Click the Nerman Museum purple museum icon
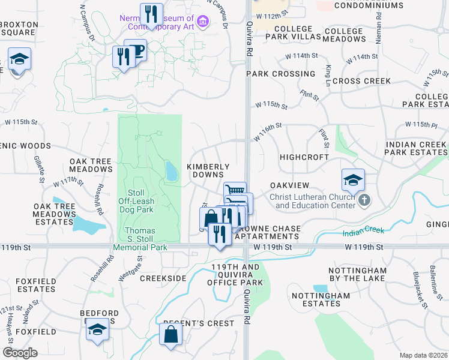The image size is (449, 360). coord(203,23)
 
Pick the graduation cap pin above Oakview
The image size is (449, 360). coord(353,179)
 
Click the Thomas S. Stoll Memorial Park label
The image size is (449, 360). coord(139,239)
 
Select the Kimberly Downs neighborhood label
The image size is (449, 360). coord(208,170)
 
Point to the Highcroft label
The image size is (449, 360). coord(304,157)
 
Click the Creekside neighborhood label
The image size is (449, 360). coord(163,278)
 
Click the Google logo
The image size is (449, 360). coord(20,353)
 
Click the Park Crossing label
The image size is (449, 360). coord(280,74)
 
